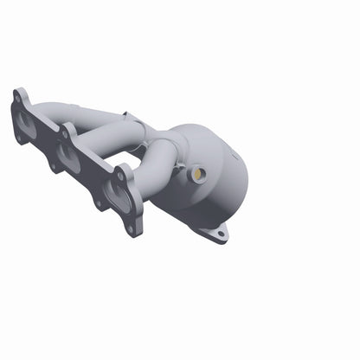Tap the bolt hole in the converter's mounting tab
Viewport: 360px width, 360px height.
(221, 233)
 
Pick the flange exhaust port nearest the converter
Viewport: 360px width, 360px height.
(118, 196)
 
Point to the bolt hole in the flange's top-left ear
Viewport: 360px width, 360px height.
(18, 98)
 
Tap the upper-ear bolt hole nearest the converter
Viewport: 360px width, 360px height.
(121, 174)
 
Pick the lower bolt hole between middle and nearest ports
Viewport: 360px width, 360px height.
(98, 203)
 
